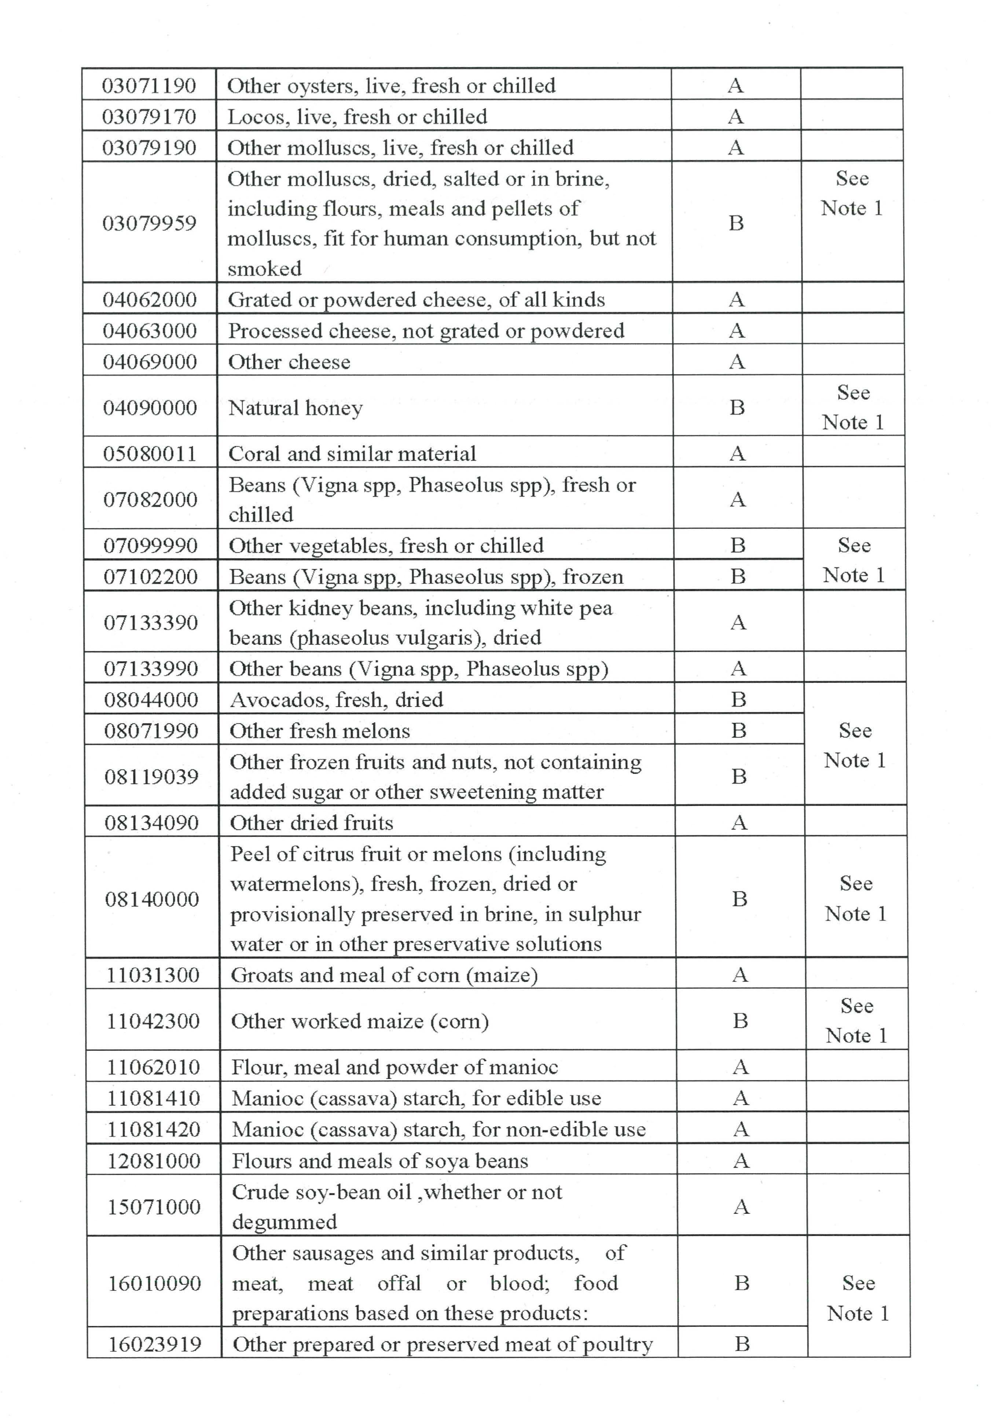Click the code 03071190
tap(149, 85)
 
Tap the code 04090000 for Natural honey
tap(150, 408)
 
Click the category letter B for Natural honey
tap(737, 408)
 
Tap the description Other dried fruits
tap(311, 823)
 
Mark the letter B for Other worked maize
tap(740, 1021)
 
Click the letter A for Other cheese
tap(737, 362)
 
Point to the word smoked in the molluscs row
tap(264, 269)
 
